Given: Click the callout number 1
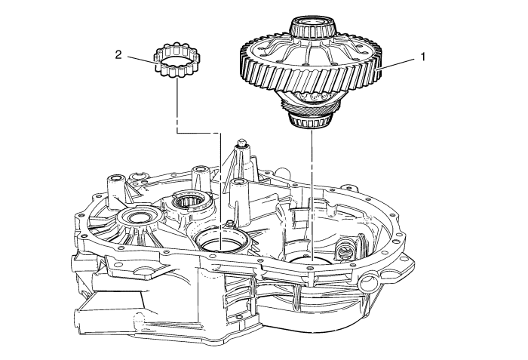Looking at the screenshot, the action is [x=423, y=57].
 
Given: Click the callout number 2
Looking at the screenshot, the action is [x=118, y=54].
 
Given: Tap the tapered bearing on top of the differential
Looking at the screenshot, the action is [x=313, y=27].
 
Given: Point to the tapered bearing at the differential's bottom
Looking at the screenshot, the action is [x=311, y=120].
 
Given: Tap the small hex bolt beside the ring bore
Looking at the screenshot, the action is [x=230, y=223].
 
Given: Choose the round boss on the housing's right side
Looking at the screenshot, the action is [x=368, y=282].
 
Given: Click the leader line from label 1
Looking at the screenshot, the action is [x=396, y=63].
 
